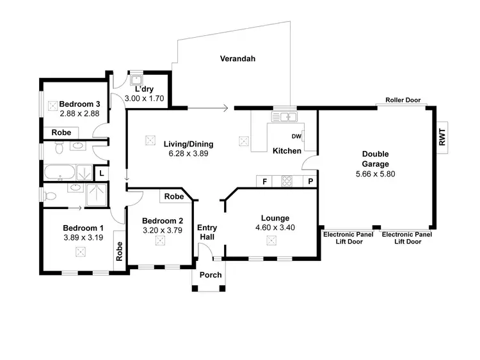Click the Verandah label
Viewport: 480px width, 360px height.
[237, 59]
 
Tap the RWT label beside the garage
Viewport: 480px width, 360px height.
[442, 138]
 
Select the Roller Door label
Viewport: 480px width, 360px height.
[403, 100]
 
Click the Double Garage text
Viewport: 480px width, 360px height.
[375, 159]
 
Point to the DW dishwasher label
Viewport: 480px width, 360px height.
[296, 136]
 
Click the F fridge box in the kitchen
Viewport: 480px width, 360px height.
[264, 182]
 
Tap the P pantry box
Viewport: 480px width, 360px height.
[310, 182]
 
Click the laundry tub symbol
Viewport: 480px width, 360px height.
[136, 81]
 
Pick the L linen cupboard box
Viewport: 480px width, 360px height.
[101, 172]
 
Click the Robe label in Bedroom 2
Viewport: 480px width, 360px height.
[173, 197]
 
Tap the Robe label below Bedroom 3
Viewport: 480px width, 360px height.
[61, 133]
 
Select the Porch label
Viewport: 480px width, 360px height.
[211, 276]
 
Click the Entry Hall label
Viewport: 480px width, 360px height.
[207, 232]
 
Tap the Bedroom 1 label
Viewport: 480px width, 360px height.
[83, 228]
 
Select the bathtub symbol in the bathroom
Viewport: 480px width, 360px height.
[60, 172]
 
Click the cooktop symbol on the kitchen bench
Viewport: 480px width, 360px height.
[286, 182]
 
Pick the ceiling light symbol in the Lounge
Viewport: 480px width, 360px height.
[271, 240]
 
